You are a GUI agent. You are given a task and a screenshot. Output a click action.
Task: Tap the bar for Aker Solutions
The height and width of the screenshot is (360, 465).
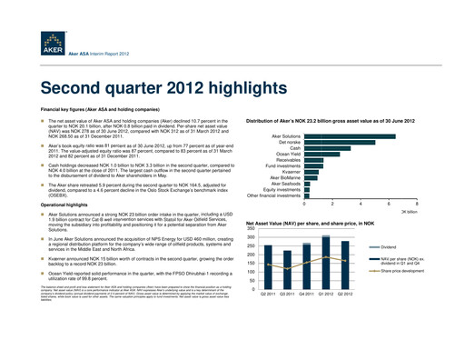pyautogui.click(x=350, y=135)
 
